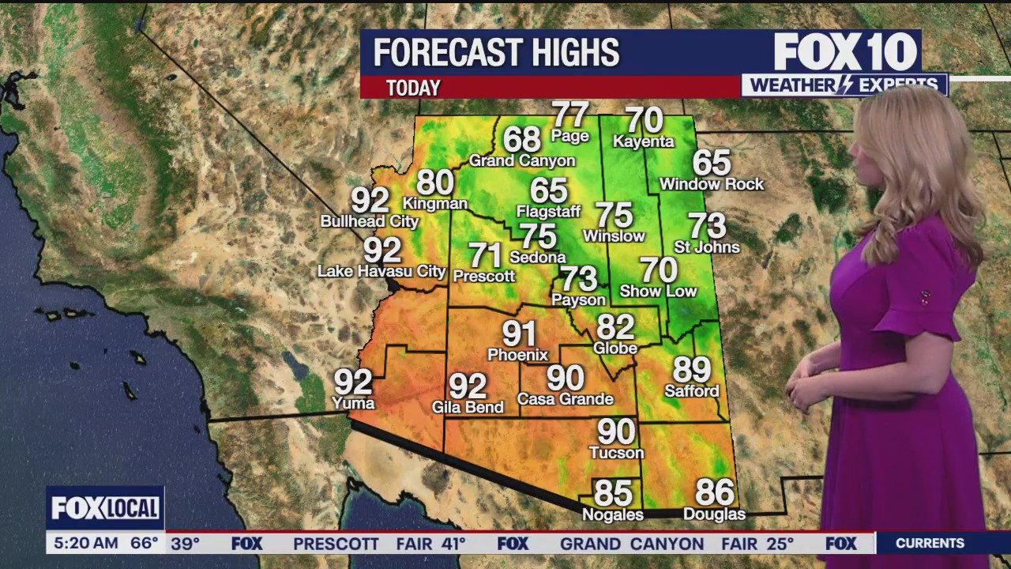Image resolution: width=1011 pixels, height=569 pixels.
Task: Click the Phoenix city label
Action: point(517,355)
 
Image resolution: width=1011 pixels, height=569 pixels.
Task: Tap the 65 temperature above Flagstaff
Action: point(549,190)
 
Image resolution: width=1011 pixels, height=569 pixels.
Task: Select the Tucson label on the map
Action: point(617,453)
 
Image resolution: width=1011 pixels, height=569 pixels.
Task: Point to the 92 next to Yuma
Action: point(353,382)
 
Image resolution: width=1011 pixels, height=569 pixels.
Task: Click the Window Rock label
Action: point(712,184)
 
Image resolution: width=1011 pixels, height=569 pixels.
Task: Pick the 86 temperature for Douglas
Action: point(715,492)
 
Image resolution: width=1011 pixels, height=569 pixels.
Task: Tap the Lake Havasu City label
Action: point(381,271)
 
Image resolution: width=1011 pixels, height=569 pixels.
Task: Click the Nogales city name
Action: point(613,514)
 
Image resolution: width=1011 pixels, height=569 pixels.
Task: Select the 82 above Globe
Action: point(615,326)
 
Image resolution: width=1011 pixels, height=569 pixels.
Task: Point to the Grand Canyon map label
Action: point(522,160)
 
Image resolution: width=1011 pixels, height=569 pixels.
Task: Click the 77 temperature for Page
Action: point(570,115)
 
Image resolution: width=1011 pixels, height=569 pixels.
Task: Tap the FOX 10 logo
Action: point(845,53)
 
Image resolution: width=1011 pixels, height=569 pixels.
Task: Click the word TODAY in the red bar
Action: point(413,88)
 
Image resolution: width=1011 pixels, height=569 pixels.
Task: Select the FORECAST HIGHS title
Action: point(496,53)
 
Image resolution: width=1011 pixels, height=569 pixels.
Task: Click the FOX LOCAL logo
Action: point(105,508)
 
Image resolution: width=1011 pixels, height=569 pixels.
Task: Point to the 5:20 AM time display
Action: point(82,543)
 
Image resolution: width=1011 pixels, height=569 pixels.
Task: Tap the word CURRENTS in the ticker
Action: point(930,543)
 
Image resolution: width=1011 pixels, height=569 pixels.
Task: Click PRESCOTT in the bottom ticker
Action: point(336,544)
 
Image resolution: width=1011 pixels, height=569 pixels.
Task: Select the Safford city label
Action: point(692,391)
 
